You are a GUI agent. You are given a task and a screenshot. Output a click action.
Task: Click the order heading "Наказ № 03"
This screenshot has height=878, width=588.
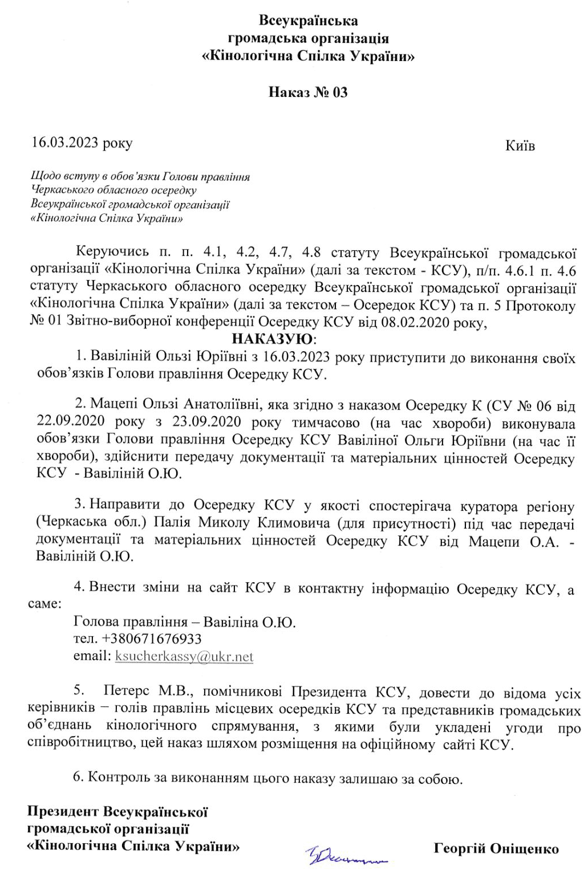click(x=308, y=92)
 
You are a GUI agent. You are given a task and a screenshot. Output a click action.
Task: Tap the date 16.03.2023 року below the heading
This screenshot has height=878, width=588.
click(x=82, y=143)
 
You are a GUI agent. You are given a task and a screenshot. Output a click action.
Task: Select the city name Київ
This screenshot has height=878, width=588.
click(x=520, y=146)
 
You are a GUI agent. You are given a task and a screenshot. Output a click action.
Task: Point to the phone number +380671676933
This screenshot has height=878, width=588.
click(x=137, y=639)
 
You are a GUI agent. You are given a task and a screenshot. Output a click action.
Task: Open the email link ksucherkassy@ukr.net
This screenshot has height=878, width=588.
click(x=184, y=657)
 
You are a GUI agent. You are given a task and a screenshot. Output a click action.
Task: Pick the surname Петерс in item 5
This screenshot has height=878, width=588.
click(x=127, y=693)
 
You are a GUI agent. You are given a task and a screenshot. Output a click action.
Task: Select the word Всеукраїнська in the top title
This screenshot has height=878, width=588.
click(x=309, y=22)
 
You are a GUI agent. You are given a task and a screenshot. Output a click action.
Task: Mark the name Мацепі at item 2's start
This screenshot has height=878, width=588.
click(x=111, y=405)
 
